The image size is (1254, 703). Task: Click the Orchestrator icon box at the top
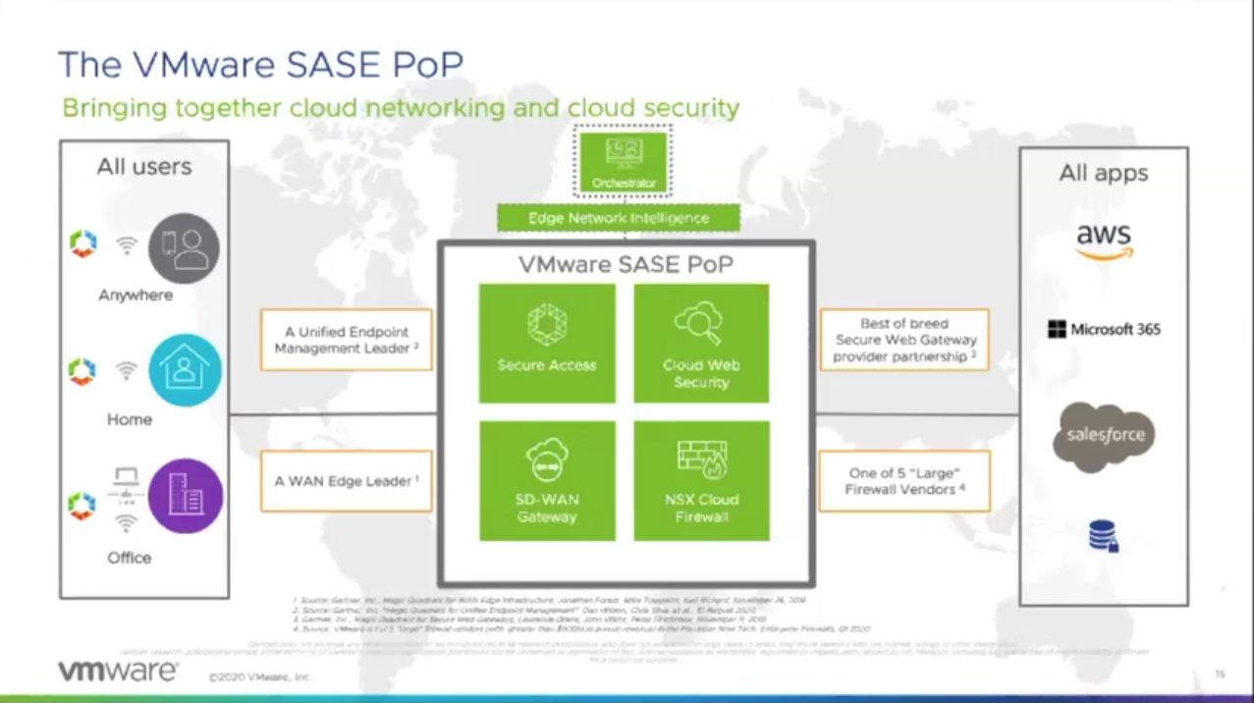[x=623, y=161]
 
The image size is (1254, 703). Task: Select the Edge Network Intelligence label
[x=618, y=217]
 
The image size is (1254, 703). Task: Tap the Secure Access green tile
[x=546, y=343]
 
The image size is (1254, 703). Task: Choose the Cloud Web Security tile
[x=701, y=343]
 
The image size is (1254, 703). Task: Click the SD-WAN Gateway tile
[x=546, y=480]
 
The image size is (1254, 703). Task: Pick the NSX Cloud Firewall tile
[x=701, y=480]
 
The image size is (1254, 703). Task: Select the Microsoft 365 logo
[x=1104, y=329]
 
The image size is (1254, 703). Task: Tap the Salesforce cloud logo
[x=1104, y=436]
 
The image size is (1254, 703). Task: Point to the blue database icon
[x=1104, y=536]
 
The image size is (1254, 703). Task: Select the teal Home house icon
[x=185, y=371]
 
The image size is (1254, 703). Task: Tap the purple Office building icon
[x=186, y=497]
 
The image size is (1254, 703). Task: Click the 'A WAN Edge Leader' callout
[x=347, y=481]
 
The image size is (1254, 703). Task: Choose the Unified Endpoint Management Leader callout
[x=347, y=340]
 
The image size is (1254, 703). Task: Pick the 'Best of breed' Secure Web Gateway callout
[x=904, y=340]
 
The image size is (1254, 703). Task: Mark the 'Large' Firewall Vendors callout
[x=904, y=481]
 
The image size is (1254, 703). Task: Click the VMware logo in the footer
[x=118, y=672]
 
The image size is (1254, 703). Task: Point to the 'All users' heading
[x=144, y=167]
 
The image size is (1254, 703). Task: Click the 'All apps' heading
[x=1103, y=174]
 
